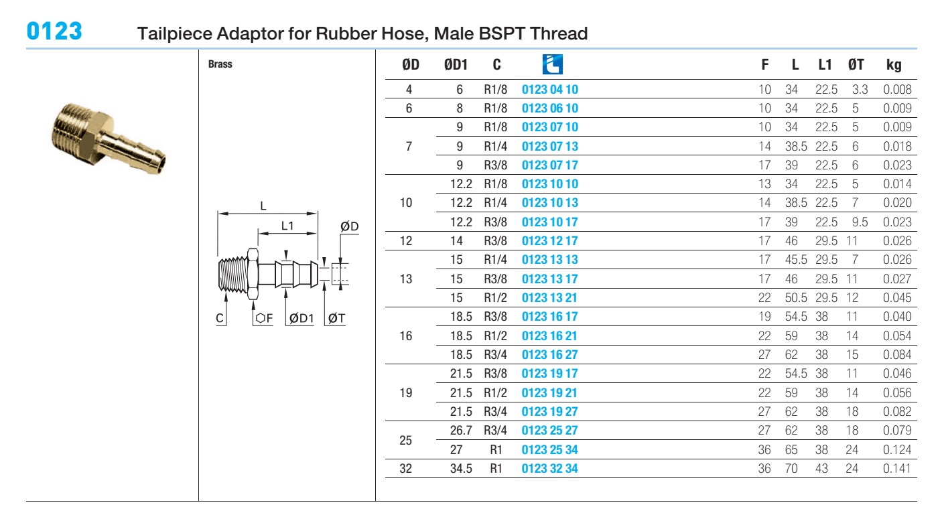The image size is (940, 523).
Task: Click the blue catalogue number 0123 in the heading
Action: pyautogui.click(x=54, y=31)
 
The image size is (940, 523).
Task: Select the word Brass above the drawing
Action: pyautogui.click(x=220, y=64)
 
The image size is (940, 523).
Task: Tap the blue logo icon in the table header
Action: pyautogui.click(x=552, y=64)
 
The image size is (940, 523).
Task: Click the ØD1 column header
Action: pyautogui.click(x=456, y=64)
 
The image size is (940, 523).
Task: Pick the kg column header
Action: pyautogui.click(x=894, y=65)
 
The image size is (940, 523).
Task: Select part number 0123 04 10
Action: pyautogui.click(x=550, y=89)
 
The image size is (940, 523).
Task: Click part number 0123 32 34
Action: pyautogui.click(x=550, y=469)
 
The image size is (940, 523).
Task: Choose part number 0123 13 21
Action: pyautogui.click(x=550, y=298)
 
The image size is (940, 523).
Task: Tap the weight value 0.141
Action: pyautogui.click(x=896, y=469)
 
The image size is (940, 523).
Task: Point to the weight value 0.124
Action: pyautogui.click(x=896, y=449)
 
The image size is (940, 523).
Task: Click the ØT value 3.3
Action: pyautogui.click(x=860, y=89)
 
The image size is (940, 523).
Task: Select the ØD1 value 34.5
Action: pyautogui.click(x=461, y=469)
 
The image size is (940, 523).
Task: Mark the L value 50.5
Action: pyautogui.click(x=796, y=298)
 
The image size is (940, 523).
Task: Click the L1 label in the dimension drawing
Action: pyautogui.click(x=287, y=226)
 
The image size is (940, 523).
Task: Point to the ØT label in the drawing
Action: pyautogui.click(x=336, y=318)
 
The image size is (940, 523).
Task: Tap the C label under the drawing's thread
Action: pyautogui.click(x=220, y=318)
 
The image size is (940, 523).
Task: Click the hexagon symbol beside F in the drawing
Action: pyautogui.click(x=260, y=318)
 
